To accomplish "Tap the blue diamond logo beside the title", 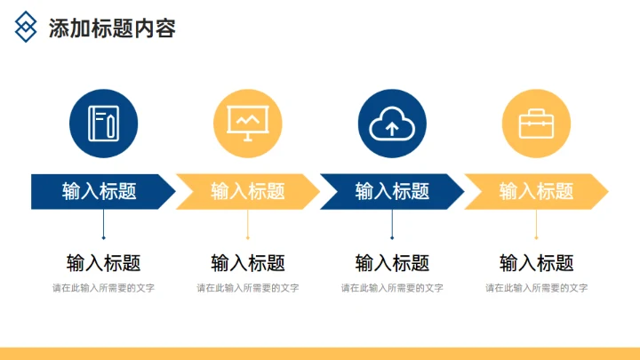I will coord(27,28).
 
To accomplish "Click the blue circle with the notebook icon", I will coord(103,124).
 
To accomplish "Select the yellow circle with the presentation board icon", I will coord(247,124).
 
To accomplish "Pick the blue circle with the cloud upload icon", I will coord(392,124).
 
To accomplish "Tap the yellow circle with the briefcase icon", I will coord(536,124).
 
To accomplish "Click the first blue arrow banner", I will coord(100,191).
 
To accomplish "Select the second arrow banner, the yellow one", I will coord(247,191).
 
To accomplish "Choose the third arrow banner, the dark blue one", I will coord(392,191).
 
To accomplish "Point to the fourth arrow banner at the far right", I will coord(536,191).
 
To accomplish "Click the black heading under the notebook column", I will coord(103,263).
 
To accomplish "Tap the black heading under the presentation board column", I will coord(247,263).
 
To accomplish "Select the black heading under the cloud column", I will coord(392,263).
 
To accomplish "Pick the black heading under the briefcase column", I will coord(536,263).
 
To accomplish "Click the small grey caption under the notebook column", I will coord(103,288).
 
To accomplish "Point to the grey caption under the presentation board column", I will coord(247,288).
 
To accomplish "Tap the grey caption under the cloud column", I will coord(392,288).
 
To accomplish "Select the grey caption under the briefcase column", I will coord(536,288).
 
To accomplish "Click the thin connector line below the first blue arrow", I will coord(103,224).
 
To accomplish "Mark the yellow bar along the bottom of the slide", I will coord(320,354).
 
